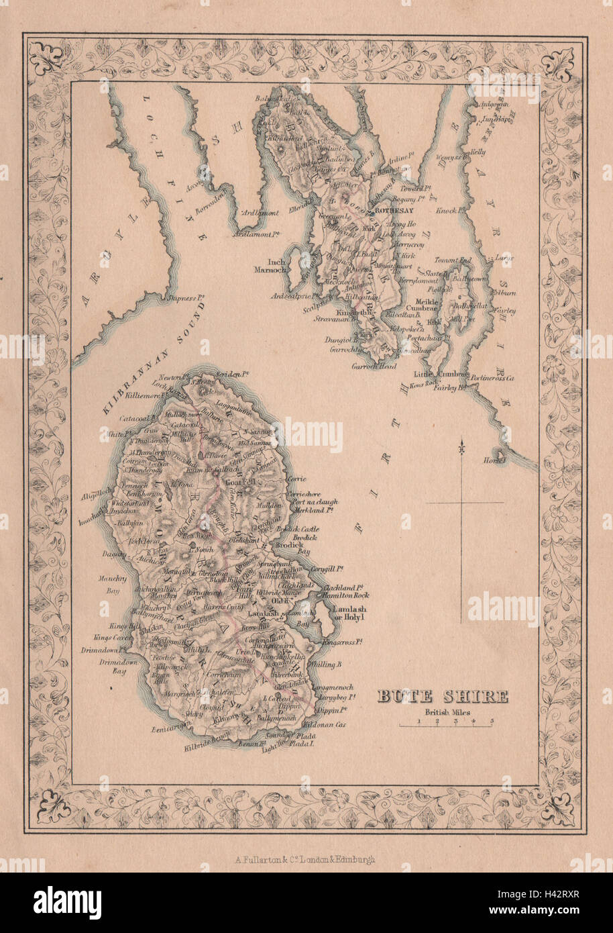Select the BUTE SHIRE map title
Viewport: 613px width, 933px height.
[x=442, y=697]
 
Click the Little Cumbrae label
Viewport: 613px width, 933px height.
[x=438, y=375]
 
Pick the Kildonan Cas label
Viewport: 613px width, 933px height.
[x=324, y=726]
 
